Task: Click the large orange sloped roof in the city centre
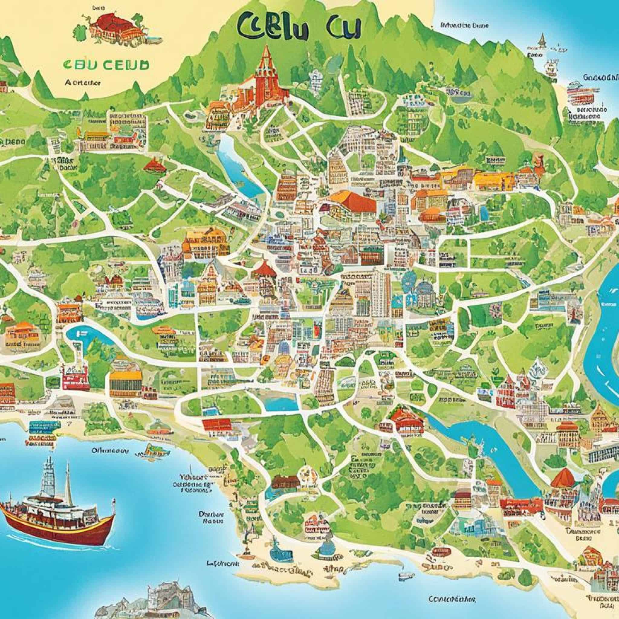(352, 200)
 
